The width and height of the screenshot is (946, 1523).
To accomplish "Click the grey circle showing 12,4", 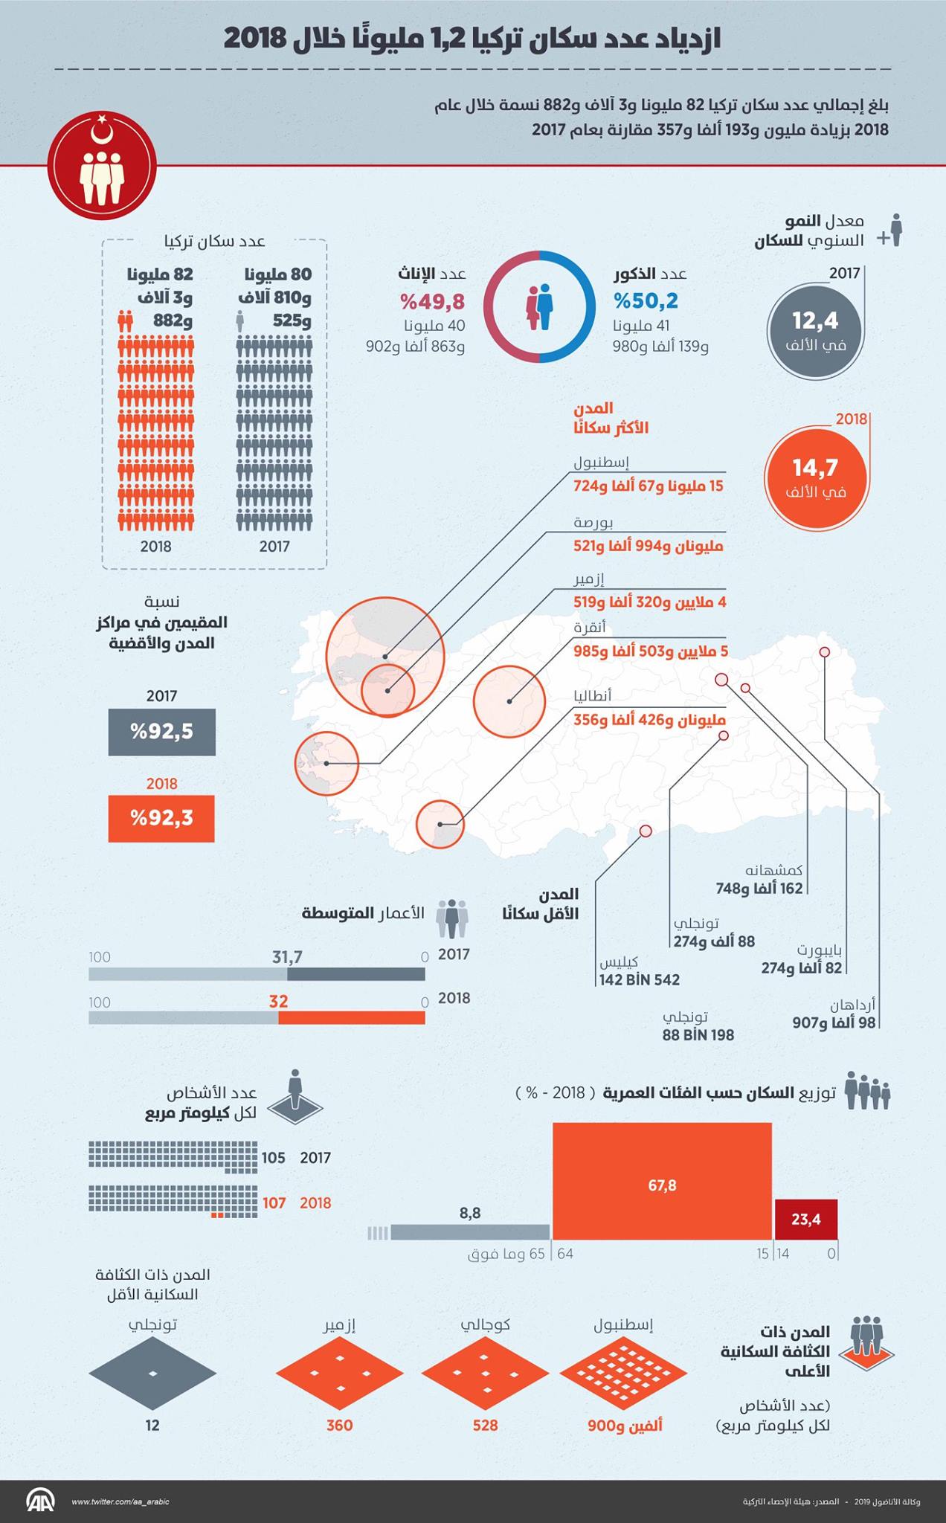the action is click(x=815, y=329).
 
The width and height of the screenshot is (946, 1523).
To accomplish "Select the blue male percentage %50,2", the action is click(x=646, y=300).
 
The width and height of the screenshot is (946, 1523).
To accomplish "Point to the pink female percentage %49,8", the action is click(x=432, y=300).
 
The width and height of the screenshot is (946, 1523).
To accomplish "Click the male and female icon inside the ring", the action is click(x=540, y=306).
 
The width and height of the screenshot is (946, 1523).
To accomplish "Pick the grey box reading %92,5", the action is click(x=161, y=732).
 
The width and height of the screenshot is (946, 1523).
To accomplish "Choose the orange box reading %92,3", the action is click(x=161, y=819).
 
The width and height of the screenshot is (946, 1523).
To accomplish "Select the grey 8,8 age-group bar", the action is click(x=470, y=1231).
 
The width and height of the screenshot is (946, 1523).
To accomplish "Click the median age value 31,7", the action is click(x=287, y=957).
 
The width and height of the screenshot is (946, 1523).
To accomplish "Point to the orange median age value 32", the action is click(x=278, y=1001).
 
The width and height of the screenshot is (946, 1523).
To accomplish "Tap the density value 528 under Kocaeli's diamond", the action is click(x=485, y=1425).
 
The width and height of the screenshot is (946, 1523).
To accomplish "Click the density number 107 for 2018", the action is click(x=274, y=1202).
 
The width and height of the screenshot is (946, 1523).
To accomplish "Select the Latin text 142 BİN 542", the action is click(x=640, y=979).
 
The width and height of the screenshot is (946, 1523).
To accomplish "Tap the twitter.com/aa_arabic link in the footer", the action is click(x=120, y=1501).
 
